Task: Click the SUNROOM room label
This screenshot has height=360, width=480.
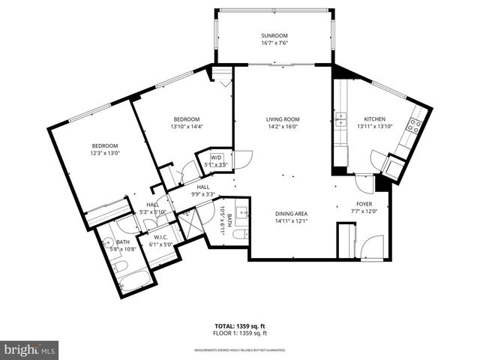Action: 274,36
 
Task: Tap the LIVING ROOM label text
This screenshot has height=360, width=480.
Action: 283,119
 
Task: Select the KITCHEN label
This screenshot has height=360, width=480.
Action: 374,119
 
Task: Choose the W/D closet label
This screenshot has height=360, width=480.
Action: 217,157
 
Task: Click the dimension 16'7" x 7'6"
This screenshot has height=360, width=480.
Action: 274,43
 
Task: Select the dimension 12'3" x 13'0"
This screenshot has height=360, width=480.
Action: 106,153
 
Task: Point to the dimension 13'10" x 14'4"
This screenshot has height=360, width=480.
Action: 186,126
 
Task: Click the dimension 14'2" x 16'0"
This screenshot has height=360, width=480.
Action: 283,126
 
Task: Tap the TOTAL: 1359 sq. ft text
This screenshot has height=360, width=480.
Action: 241,326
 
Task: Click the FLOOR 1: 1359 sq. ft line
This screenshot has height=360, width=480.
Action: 241,332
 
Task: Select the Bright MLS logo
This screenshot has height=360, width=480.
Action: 30,349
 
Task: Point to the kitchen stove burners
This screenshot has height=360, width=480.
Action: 413,126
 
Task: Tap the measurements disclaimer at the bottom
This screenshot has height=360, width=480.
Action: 240,350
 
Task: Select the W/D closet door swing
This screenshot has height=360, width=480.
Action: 241,160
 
